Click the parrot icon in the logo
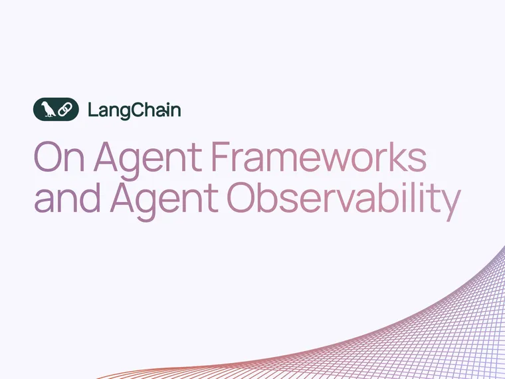(48, 109)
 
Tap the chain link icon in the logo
(64, 109)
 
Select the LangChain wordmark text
(134, 110)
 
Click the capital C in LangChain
(135, 109)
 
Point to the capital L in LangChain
(92, 109)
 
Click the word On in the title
(60, 158)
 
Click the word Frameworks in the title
(318, 158)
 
